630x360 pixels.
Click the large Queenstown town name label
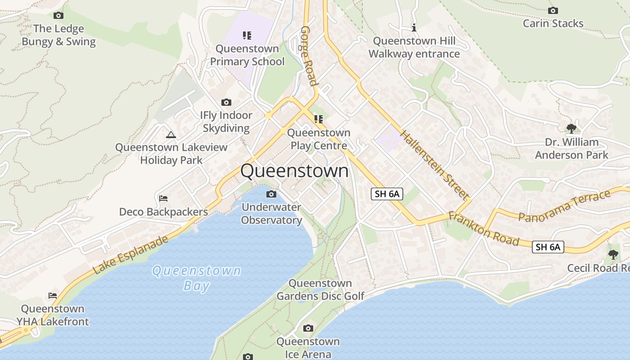click(294, 171)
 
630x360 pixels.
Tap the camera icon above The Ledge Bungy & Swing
click(58, 16)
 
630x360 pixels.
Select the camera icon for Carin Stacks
click(553, 10)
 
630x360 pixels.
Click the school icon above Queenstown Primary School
click(247, 35)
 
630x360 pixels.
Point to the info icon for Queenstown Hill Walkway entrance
click(414, 28)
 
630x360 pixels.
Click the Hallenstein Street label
click(434, 165)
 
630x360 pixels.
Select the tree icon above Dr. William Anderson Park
click(571, 129)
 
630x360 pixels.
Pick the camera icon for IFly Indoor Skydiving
click(226, 103)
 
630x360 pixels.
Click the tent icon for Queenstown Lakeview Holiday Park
click(171, 135)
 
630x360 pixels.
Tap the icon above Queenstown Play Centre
click(319, 119)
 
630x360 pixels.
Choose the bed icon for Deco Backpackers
click(163, 198)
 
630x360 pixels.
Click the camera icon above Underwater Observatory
click(271, 194)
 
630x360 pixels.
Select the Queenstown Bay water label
click(196, 278)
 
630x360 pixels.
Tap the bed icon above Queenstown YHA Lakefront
click(53, 296)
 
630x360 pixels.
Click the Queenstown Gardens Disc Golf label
click(320, 289)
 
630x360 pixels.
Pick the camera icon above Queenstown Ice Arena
click(308, 328)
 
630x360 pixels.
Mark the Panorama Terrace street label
click(565, 206)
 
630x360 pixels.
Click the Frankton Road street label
click(484, 229)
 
